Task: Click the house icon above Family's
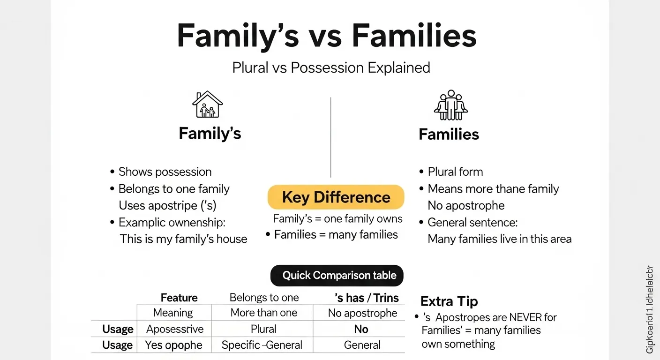tap(208, 105)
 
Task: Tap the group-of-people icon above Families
tap(450, 105)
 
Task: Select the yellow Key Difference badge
tap(336, 197)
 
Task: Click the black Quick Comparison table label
tap(337, 275)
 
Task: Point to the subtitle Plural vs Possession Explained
tap(331, 67)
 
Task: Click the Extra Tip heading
tap(449, 301)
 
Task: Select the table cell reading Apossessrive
tap(174, 329)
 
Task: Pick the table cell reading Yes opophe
tap(173, 345)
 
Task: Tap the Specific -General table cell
tap(262, 345)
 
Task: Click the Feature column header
tap(179, 298)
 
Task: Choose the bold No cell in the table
tap(361, 329)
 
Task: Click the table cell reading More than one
tap(264, 313)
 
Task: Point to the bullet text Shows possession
tap(165, 172)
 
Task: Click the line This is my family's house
tap(183, 239)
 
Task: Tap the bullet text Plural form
tap(455, 172)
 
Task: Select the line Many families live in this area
tap(500, 239)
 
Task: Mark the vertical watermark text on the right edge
tap(649, 309)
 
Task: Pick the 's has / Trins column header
tap(367, 298)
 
